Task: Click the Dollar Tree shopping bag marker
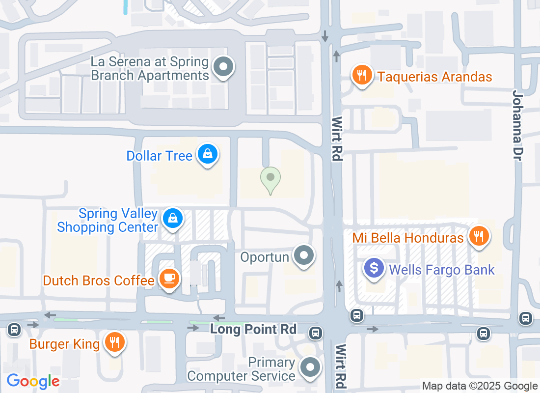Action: [x=208, y=155]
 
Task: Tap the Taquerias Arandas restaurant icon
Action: [x=362, y=75]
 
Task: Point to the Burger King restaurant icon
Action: [x=115, y=342]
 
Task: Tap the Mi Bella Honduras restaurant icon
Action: [x=478, y=236]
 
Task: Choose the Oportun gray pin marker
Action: [x=304, y=255]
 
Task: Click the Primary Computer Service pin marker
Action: [x=310, y=367]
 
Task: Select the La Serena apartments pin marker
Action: [x=224, y=66]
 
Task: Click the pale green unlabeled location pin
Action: [x=270, y=178]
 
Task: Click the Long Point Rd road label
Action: [x=253, y=329]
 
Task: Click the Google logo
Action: [x=33, y=381]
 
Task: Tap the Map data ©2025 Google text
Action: [x=480, y=386]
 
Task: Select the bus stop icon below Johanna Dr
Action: [x=526, y=318]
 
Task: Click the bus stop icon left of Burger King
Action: [x=14, y=329]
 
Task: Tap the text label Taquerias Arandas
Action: [x=434, y=77]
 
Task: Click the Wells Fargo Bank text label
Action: [x=442, y=270]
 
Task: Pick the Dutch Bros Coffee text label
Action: [x=99, y=281]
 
